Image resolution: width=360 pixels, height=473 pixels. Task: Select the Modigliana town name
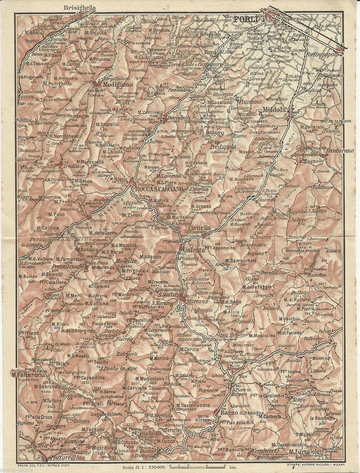pyautogui.click(x=115, y=84)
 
